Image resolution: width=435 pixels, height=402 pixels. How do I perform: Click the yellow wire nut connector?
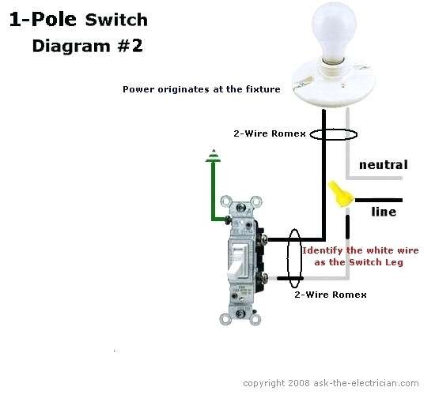click(x=341, y=194)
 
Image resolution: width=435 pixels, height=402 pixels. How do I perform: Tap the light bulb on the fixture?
click(x=333, y=32)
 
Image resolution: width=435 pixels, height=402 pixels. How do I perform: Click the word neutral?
click(x=384, y=164)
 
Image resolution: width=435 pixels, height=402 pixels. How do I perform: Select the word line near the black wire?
click(x=384, y=212)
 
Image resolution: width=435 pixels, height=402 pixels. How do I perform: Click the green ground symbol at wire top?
click(x=214, y=156)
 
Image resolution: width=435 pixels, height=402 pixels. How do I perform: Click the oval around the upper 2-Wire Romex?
click(x=333, y=134)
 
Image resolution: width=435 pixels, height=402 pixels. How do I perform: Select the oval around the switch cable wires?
click(x=294, y=258)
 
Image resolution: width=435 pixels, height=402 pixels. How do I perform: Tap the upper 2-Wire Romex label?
click(x=270, y=133)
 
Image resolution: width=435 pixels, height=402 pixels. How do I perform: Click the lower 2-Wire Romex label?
click(x=331, y=295)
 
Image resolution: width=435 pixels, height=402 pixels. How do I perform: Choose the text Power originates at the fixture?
click(x=202, y=89)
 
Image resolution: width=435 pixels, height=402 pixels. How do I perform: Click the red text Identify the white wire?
click(x=361, y=250)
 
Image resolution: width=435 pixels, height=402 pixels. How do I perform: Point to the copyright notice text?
click(x=331, y=383)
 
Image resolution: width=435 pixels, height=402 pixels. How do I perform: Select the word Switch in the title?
click(x=116, y=20)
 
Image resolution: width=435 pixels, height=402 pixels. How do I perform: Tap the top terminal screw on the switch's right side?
click(x=264, y=239)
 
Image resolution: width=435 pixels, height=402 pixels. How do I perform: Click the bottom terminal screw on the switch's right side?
click(x=264, y=277)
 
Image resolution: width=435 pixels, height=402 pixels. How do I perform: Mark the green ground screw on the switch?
click(x=228, y=220)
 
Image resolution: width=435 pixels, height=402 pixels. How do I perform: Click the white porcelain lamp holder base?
click(x=334, y=83)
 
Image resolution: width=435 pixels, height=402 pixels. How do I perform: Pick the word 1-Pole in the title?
click(x=43, y=20)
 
